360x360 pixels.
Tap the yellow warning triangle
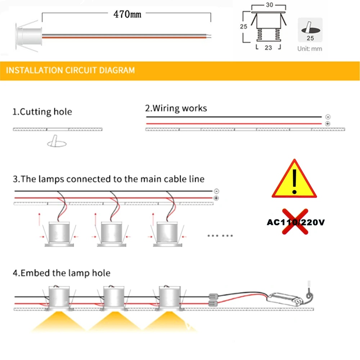point(294,179)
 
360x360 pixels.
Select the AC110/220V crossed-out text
point(296,222)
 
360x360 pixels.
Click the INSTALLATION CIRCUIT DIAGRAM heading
point(71,70)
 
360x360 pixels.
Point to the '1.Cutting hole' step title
point(42,112)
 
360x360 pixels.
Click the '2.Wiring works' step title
point(176,108)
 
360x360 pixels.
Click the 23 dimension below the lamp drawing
point(268,47)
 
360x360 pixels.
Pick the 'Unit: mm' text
point(310,49)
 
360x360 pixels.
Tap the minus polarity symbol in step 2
point(327,117)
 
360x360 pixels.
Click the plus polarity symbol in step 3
point(216,198)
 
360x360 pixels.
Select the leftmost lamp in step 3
point(58,234)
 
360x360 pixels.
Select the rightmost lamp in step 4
point(169,299)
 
